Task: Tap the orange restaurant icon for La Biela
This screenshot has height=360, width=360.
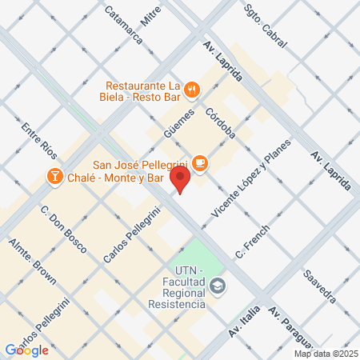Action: pos(192,89)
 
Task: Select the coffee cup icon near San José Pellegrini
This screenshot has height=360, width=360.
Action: pos(200,163)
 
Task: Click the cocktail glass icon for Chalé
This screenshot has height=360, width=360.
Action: pos(55,175)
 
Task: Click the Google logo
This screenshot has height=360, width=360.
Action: pos(27,350)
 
